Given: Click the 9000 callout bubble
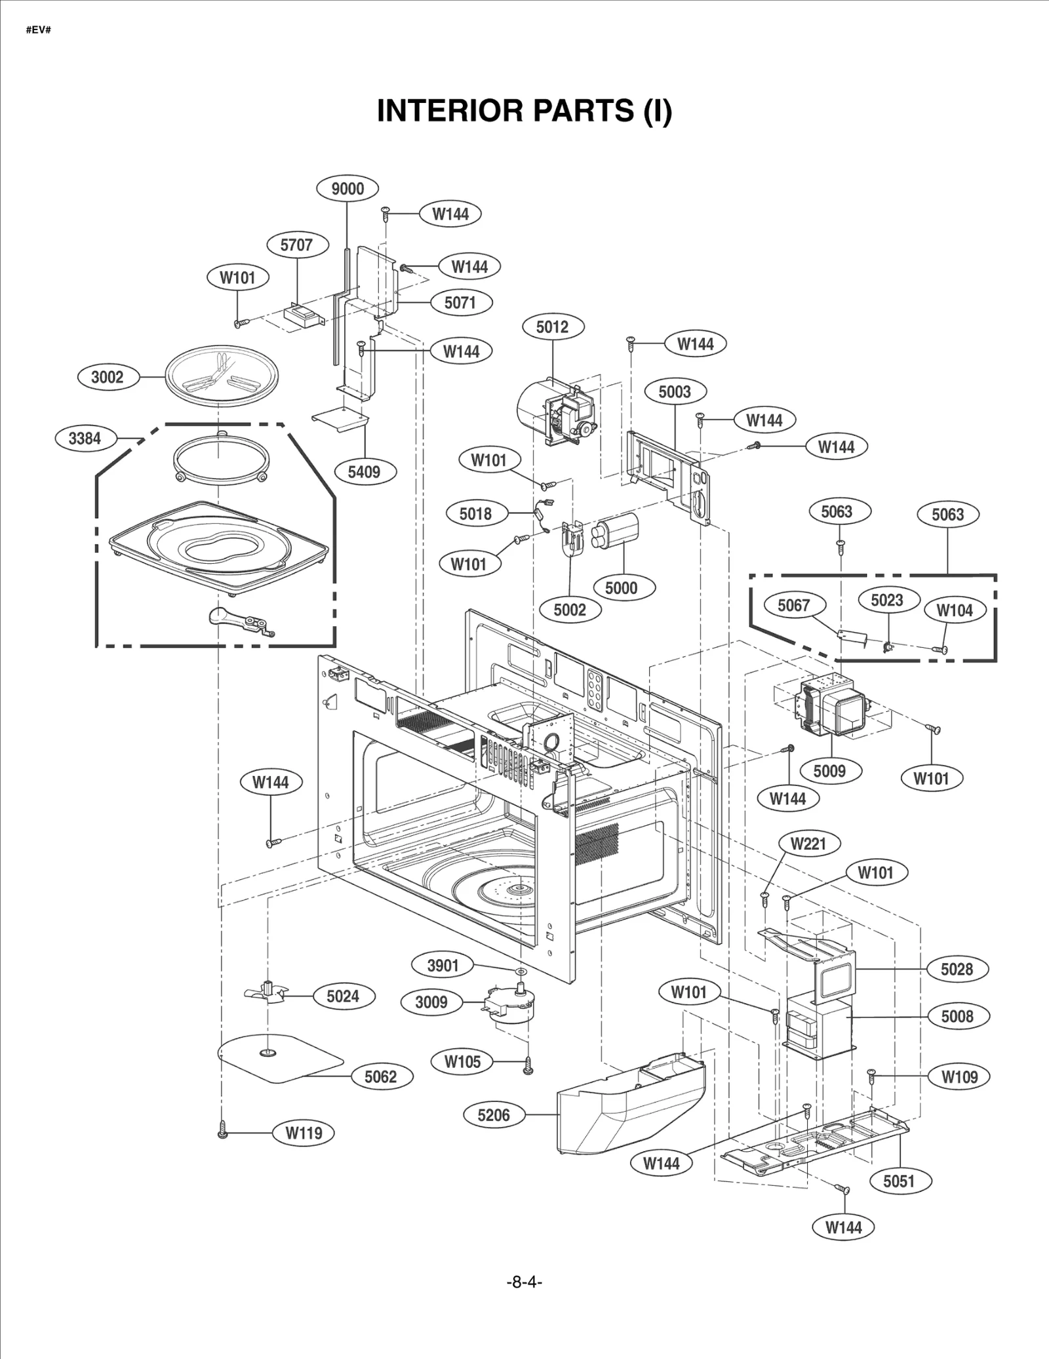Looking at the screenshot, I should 347,189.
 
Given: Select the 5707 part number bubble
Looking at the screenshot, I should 296,245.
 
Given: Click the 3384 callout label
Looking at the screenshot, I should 85,438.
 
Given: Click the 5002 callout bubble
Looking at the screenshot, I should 569,610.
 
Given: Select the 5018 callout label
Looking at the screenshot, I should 475,513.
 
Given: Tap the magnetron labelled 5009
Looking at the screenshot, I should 831,708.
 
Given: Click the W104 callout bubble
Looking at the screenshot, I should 954,610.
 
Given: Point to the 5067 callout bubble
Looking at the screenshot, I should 793,605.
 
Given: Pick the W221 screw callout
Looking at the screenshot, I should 808,844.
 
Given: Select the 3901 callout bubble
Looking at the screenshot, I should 443,965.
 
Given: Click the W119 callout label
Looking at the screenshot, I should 304,1133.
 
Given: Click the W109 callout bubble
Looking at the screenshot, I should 959,1076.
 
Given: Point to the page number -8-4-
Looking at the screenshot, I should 524,1282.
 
